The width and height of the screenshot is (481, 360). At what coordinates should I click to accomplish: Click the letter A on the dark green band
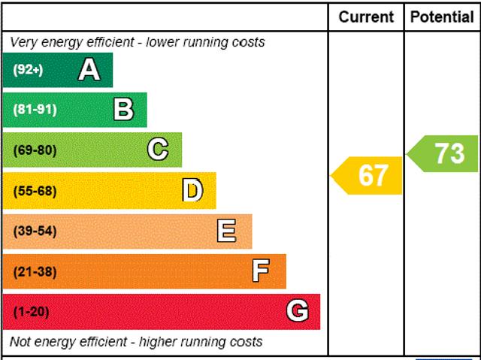click(x=89, y=70)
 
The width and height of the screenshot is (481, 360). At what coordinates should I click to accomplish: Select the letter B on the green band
click(x=123, y=110)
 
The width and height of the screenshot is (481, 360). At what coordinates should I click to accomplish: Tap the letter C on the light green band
click(x=158, y=150)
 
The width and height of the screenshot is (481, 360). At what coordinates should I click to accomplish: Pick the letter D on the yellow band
click(x=193, y=191)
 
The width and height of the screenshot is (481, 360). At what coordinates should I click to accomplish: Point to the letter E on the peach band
click(x=226, y=231)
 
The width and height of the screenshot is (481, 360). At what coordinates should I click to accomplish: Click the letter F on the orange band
click(x=261, y=271)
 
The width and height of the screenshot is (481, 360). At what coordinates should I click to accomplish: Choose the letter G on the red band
click(x=298, y=311)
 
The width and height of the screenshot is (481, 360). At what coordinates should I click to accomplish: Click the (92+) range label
click(x=29, y=70)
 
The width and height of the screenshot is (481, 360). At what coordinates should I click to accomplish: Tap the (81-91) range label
click(x=35, y=110)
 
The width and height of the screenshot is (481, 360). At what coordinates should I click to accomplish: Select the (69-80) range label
click(x=35, y=150)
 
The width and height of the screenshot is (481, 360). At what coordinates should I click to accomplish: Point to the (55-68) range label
click(x=35, y=191)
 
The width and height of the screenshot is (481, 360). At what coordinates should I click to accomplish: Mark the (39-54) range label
click(x=35, y=231)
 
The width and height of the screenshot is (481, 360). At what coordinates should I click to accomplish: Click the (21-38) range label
click(x=35, y=271)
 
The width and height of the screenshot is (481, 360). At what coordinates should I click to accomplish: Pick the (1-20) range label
click(x=31, y=311)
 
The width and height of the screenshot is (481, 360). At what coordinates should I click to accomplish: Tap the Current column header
click(x=366, y=17)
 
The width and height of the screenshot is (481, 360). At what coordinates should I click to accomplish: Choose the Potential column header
click(x=442, y=17)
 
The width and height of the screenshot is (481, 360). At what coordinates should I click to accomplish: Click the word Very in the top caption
click(x=24, y=42)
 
